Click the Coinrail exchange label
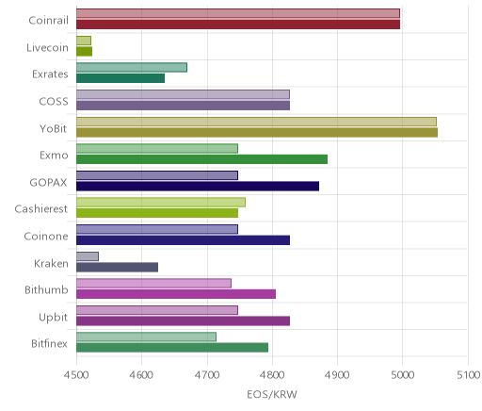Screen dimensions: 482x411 click(48, 21)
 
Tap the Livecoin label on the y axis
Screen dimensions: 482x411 click(47, 48)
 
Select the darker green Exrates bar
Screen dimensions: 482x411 click(120, 78)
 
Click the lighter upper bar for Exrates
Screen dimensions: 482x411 click(132, 67)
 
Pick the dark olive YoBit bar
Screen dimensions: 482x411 click(257, 133)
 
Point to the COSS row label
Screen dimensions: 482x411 click(54, 102)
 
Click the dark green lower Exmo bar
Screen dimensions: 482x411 click(202, 159)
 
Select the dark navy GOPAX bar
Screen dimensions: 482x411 click(198, 187)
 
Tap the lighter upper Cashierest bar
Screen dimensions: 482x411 click(161, 203)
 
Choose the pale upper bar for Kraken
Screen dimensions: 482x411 click(88, 256)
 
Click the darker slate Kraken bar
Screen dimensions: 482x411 click(118, 268)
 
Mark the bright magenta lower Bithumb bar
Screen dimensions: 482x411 click(176, 294)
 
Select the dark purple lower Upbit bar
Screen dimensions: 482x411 click(184, 321)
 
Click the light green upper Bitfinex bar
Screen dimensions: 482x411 click(146, 337)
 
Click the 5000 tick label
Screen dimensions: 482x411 click(403, 375)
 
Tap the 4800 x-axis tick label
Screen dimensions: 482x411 click(272, 375)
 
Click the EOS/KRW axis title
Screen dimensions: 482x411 click(272, 394)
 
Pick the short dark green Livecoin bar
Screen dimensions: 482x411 click(85, 52)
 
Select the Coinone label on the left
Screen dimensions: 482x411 click(46, 237)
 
